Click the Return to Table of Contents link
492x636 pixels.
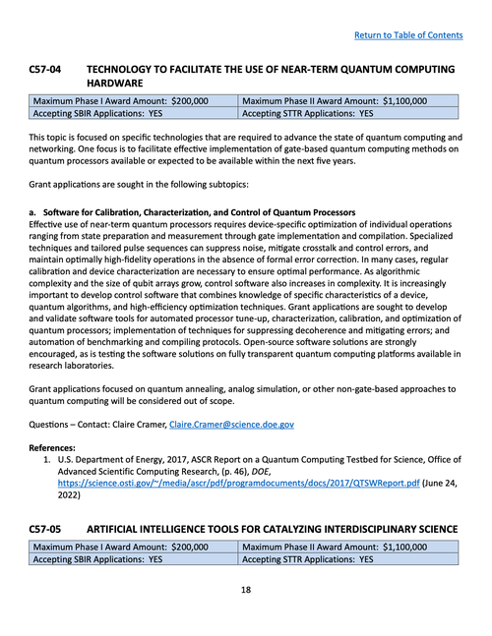click(x=407, y=35)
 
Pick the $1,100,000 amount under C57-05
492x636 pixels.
click(x=393, y=547)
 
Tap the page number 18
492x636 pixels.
click(x=246, y=591)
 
